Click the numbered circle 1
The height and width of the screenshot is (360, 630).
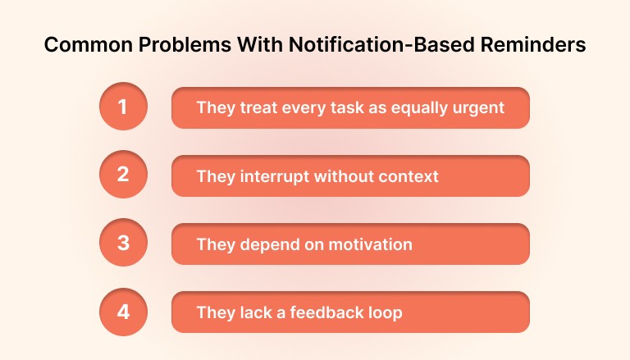pos(122,107)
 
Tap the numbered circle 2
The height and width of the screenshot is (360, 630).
pos(122,175)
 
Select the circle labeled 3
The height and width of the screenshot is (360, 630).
pos(122,244)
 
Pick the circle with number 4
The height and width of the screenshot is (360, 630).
pos(122,312)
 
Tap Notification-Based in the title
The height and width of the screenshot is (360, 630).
pos(370,45)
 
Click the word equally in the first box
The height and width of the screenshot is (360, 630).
pos(425,108)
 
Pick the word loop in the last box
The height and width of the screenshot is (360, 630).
pos(385,312)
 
